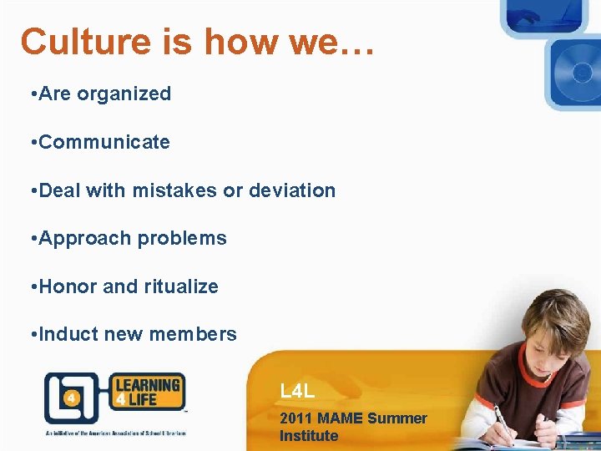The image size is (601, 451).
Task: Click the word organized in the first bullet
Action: [124, 94]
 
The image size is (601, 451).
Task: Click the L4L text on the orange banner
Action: [297, 390]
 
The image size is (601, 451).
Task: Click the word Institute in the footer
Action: [309, 436]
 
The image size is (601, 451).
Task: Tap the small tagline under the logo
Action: [115, 433]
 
